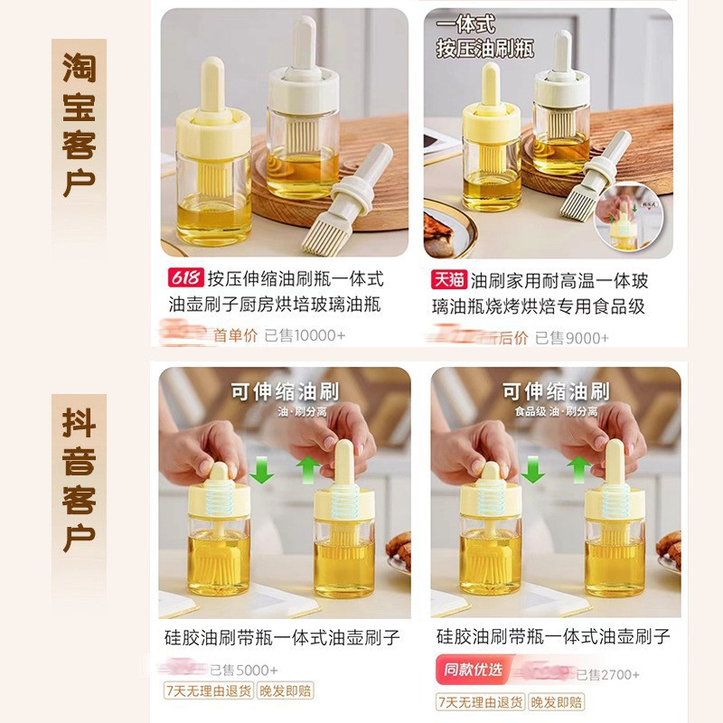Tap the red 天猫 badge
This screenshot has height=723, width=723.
pos(449,279)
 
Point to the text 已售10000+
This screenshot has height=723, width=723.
pos(305,335)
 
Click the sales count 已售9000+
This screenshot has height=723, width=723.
pos(572,337)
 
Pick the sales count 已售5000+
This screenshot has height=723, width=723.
pos(244,671)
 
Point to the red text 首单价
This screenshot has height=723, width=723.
pos(236,335)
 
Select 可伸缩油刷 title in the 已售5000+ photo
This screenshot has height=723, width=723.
pos(284,390)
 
